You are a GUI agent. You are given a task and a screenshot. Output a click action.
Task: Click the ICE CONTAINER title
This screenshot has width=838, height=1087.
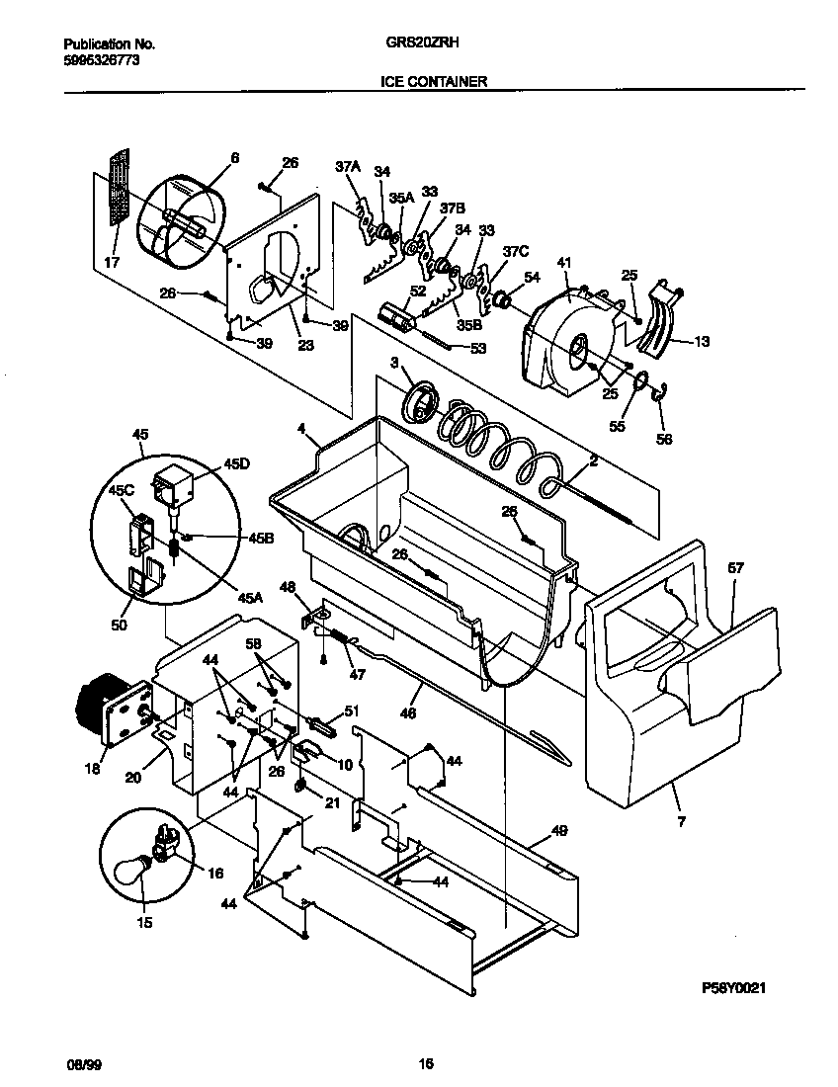click(434, 82)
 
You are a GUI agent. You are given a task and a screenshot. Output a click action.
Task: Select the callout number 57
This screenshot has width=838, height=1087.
click(735, 568)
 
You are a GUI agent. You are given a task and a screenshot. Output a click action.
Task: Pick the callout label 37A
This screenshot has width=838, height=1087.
click(347, 168)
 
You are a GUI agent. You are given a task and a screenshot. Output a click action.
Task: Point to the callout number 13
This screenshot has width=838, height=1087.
click(701, 341)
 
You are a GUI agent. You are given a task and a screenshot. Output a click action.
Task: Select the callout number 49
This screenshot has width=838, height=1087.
click(559, 832)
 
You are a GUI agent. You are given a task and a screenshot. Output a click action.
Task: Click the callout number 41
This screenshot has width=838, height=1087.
click(564, 263)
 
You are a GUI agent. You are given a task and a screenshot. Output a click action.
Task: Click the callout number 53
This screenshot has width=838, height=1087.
click(478, 348)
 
